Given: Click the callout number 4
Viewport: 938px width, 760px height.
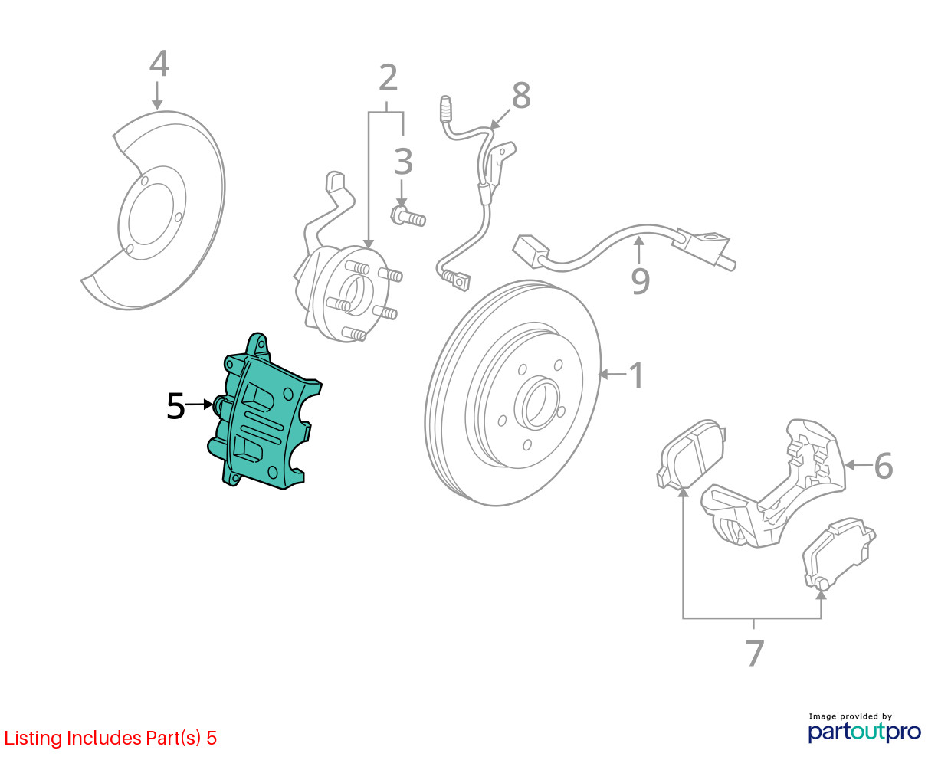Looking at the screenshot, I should pyautogui.click(x=159, y=64).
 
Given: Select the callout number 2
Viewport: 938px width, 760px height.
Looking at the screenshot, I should pyautogui.click(x=389, y=78).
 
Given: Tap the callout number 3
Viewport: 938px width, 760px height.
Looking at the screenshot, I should pyautogui.click(x=403, y=162).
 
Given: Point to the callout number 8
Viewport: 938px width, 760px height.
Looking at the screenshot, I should pyautogui.click(x=521, y=97).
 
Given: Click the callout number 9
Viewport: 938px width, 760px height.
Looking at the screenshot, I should pyautogui.click(x=640, y=280).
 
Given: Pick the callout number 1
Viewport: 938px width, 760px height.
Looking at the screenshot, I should pyautogui.click(x=636, y=375).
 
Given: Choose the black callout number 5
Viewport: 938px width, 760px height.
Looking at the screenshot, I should pyautogui.click(x=175, y=406).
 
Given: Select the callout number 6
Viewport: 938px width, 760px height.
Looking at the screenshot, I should pyautogui.click(x=883, y=466).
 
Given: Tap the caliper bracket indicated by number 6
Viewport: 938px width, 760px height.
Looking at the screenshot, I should pyautogui.click(x=774, y=490).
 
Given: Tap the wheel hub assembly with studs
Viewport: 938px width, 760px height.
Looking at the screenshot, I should pyautogui.click(x=349, y=291).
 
